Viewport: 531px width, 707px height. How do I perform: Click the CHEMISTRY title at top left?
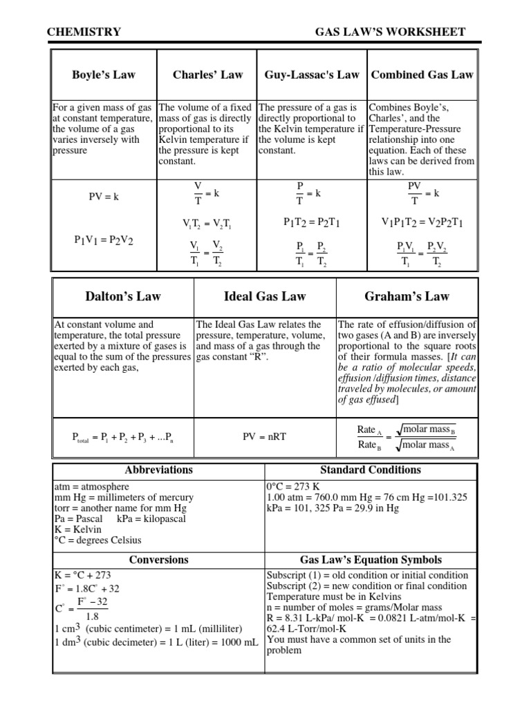pyautogui.click(x=84, y=32)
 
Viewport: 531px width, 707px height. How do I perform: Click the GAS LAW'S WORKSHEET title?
pyautogui.click(x=390, y=32)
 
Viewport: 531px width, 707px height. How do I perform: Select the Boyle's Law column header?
pyautogui.click(x=104, y=75)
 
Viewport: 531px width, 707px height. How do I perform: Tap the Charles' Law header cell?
pyautogui.click(x=207, y=75)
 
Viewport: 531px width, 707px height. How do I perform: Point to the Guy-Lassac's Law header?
pyautogui.click(x=312, y=75)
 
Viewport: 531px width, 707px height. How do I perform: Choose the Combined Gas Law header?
pyautogui.click(x=422, y=75)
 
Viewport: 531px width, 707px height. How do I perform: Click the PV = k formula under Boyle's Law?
pyautogui.click(x=104, y=197)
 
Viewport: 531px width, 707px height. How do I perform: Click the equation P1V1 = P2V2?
pyautogui.click(x=104, y=240)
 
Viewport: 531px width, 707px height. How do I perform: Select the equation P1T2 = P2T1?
pyautogui.click(x=312, y=222)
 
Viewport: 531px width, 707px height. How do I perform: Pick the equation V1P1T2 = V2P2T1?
pyautogui.click(x=422, y=222)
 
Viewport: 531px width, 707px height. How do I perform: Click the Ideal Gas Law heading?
pyautogui.click(x=265, y=297)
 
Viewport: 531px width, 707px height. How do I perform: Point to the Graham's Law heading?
pyautogui.click(x=407, y=297)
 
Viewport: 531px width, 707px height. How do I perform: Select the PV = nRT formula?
pyautogui.click(x=265, y=436)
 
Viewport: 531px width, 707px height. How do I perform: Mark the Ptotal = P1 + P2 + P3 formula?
pyautogui.click(x=123, y=437)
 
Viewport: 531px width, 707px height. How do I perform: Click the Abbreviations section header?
pyautogui.click(x=159, y=470)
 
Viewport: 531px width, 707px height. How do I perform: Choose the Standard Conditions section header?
pyautogui.click(x=371, y=470)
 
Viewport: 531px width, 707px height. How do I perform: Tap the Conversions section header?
pyautogui.click(x=159, y=560)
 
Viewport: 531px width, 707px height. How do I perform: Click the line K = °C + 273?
pyautogui.click(x=82, y=575)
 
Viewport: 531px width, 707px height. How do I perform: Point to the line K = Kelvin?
pyautogui.click(x=77, y=528)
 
